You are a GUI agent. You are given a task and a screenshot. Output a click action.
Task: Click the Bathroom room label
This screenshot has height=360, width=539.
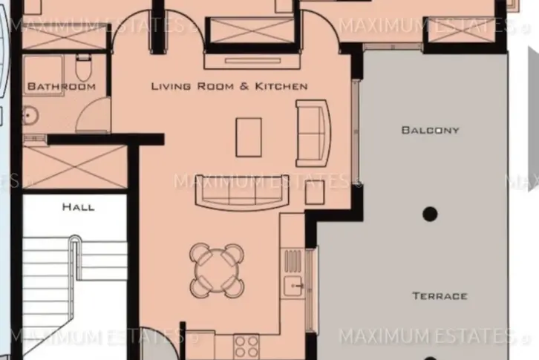62,86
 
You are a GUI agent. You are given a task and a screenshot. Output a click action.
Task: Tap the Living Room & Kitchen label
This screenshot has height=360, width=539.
229,86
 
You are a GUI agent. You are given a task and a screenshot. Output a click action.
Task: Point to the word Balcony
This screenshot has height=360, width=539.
431,130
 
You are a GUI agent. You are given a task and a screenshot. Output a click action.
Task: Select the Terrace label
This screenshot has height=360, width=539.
440,295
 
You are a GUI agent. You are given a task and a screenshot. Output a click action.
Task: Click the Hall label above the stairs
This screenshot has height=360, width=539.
79,207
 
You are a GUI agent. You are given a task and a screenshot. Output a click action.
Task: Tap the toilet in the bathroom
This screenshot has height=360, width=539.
82,68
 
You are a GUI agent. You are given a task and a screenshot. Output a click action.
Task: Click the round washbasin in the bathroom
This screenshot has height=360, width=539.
30,116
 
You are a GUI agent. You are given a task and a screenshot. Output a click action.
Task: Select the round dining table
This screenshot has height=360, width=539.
217,271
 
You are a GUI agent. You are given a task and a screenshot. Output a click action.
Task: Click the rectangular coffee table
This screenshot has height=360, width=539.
249,137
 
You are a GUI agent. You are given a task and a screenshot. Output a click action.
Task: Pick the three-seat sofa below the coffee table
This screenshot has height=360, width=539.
242,192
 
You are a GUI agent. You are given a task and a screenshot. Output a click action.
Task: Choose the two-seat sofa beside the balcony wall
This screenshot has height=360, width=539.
313,134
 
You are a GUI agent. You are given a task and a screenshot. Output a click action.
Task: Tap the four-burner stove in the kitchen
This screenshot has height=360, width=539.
246,346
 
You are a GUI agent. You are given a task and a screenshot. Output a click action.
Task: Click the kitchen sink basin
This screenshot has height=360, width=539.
293,286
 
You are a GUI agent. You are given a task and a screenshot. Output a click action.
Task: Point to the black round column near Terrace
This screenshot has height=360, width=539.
430,214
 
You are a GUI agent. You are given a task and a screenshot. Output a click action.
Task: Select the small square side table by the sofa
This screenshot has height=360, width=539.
315,192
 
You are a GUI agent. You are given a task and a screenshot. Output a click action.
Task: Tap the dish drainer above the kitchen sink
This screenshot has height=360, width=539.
293,262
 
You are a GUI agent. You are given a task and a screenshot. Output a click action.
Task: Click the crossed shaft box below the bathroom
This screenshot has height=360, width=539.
74,167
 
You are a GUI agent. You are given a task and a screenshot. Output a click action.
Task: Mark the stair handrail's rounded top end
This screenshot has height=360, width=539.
75,238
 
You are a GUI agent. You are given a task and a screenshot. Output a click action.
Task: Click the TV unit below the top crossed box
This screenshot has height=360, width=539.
252,62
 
